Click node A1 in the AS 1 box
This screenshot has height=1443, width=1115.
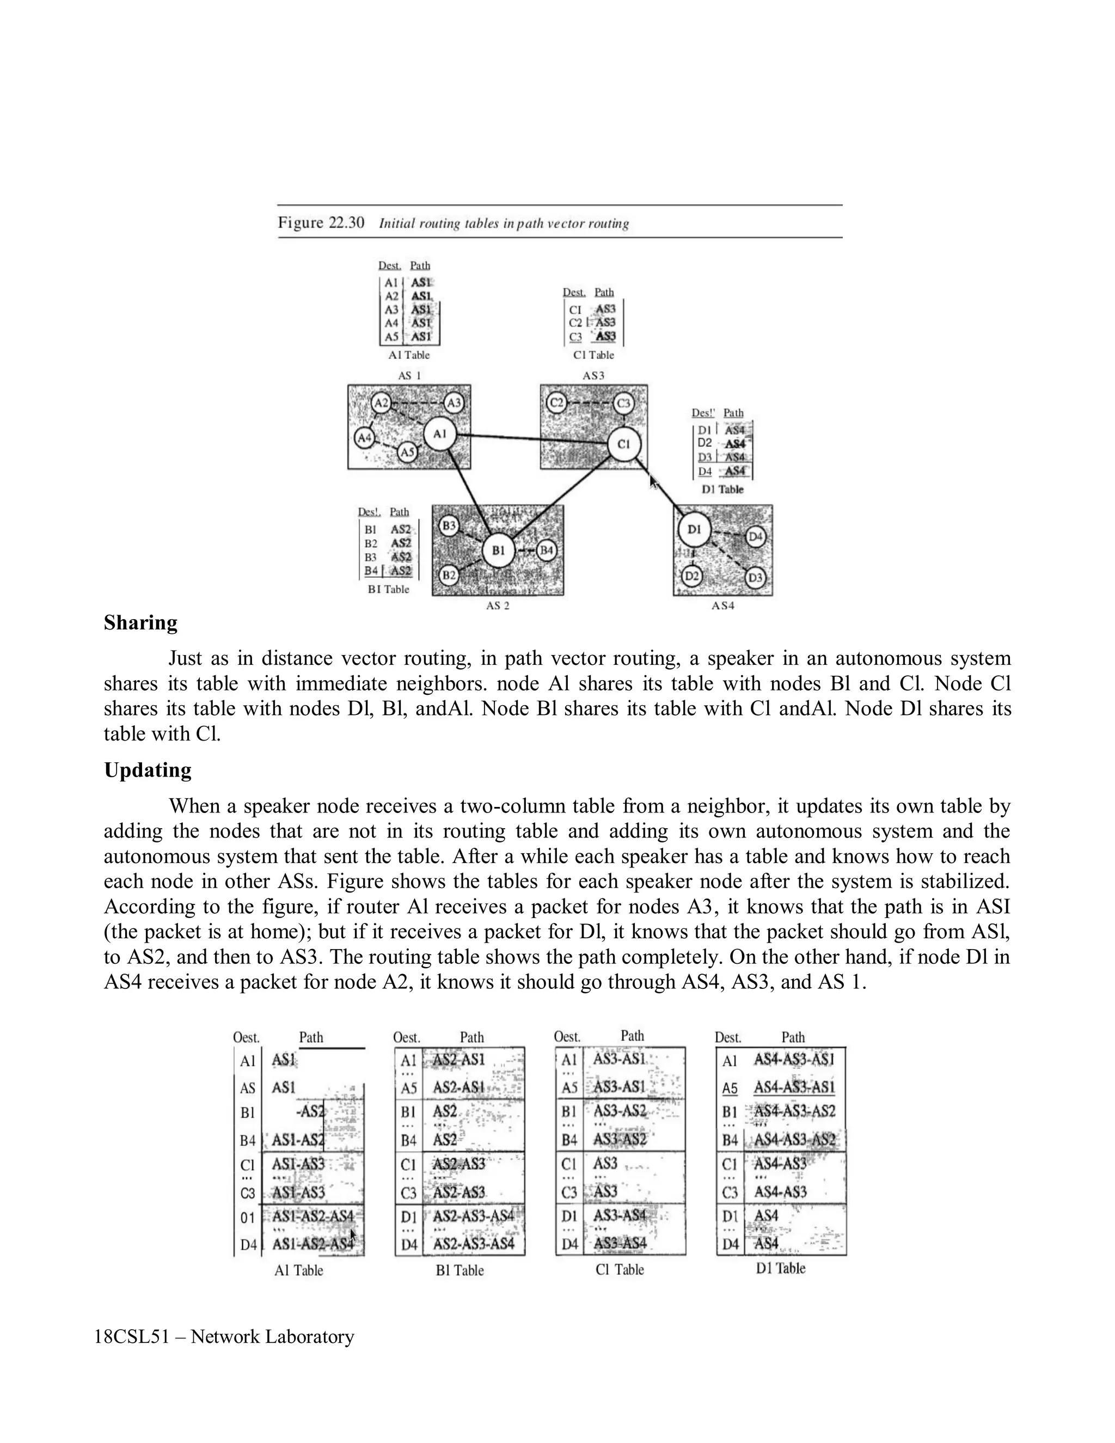[x=440, y=434]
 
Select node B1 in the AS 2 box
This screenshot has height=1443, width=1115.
[x=498, y=551]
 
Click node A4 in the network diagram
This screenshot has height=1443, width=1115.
[x=365, y=437]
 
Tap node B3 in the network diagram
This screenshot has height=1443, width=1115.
[x=449, y=526]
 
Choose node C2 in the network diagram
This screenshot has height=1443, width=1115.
[x=557, y=402]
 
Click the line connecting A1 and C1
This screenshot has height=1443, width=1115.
[x=532, y=439]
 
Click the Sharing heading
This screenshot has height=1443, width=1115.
[x=140, y=623]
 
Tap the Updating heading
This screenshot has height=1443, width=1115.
[x=148, y=771]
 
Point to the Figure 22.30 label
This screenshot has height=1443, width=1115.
[x=321, y=223]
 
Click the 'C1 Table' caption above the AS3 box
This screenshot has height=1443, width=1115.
[x=593, y=356]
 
